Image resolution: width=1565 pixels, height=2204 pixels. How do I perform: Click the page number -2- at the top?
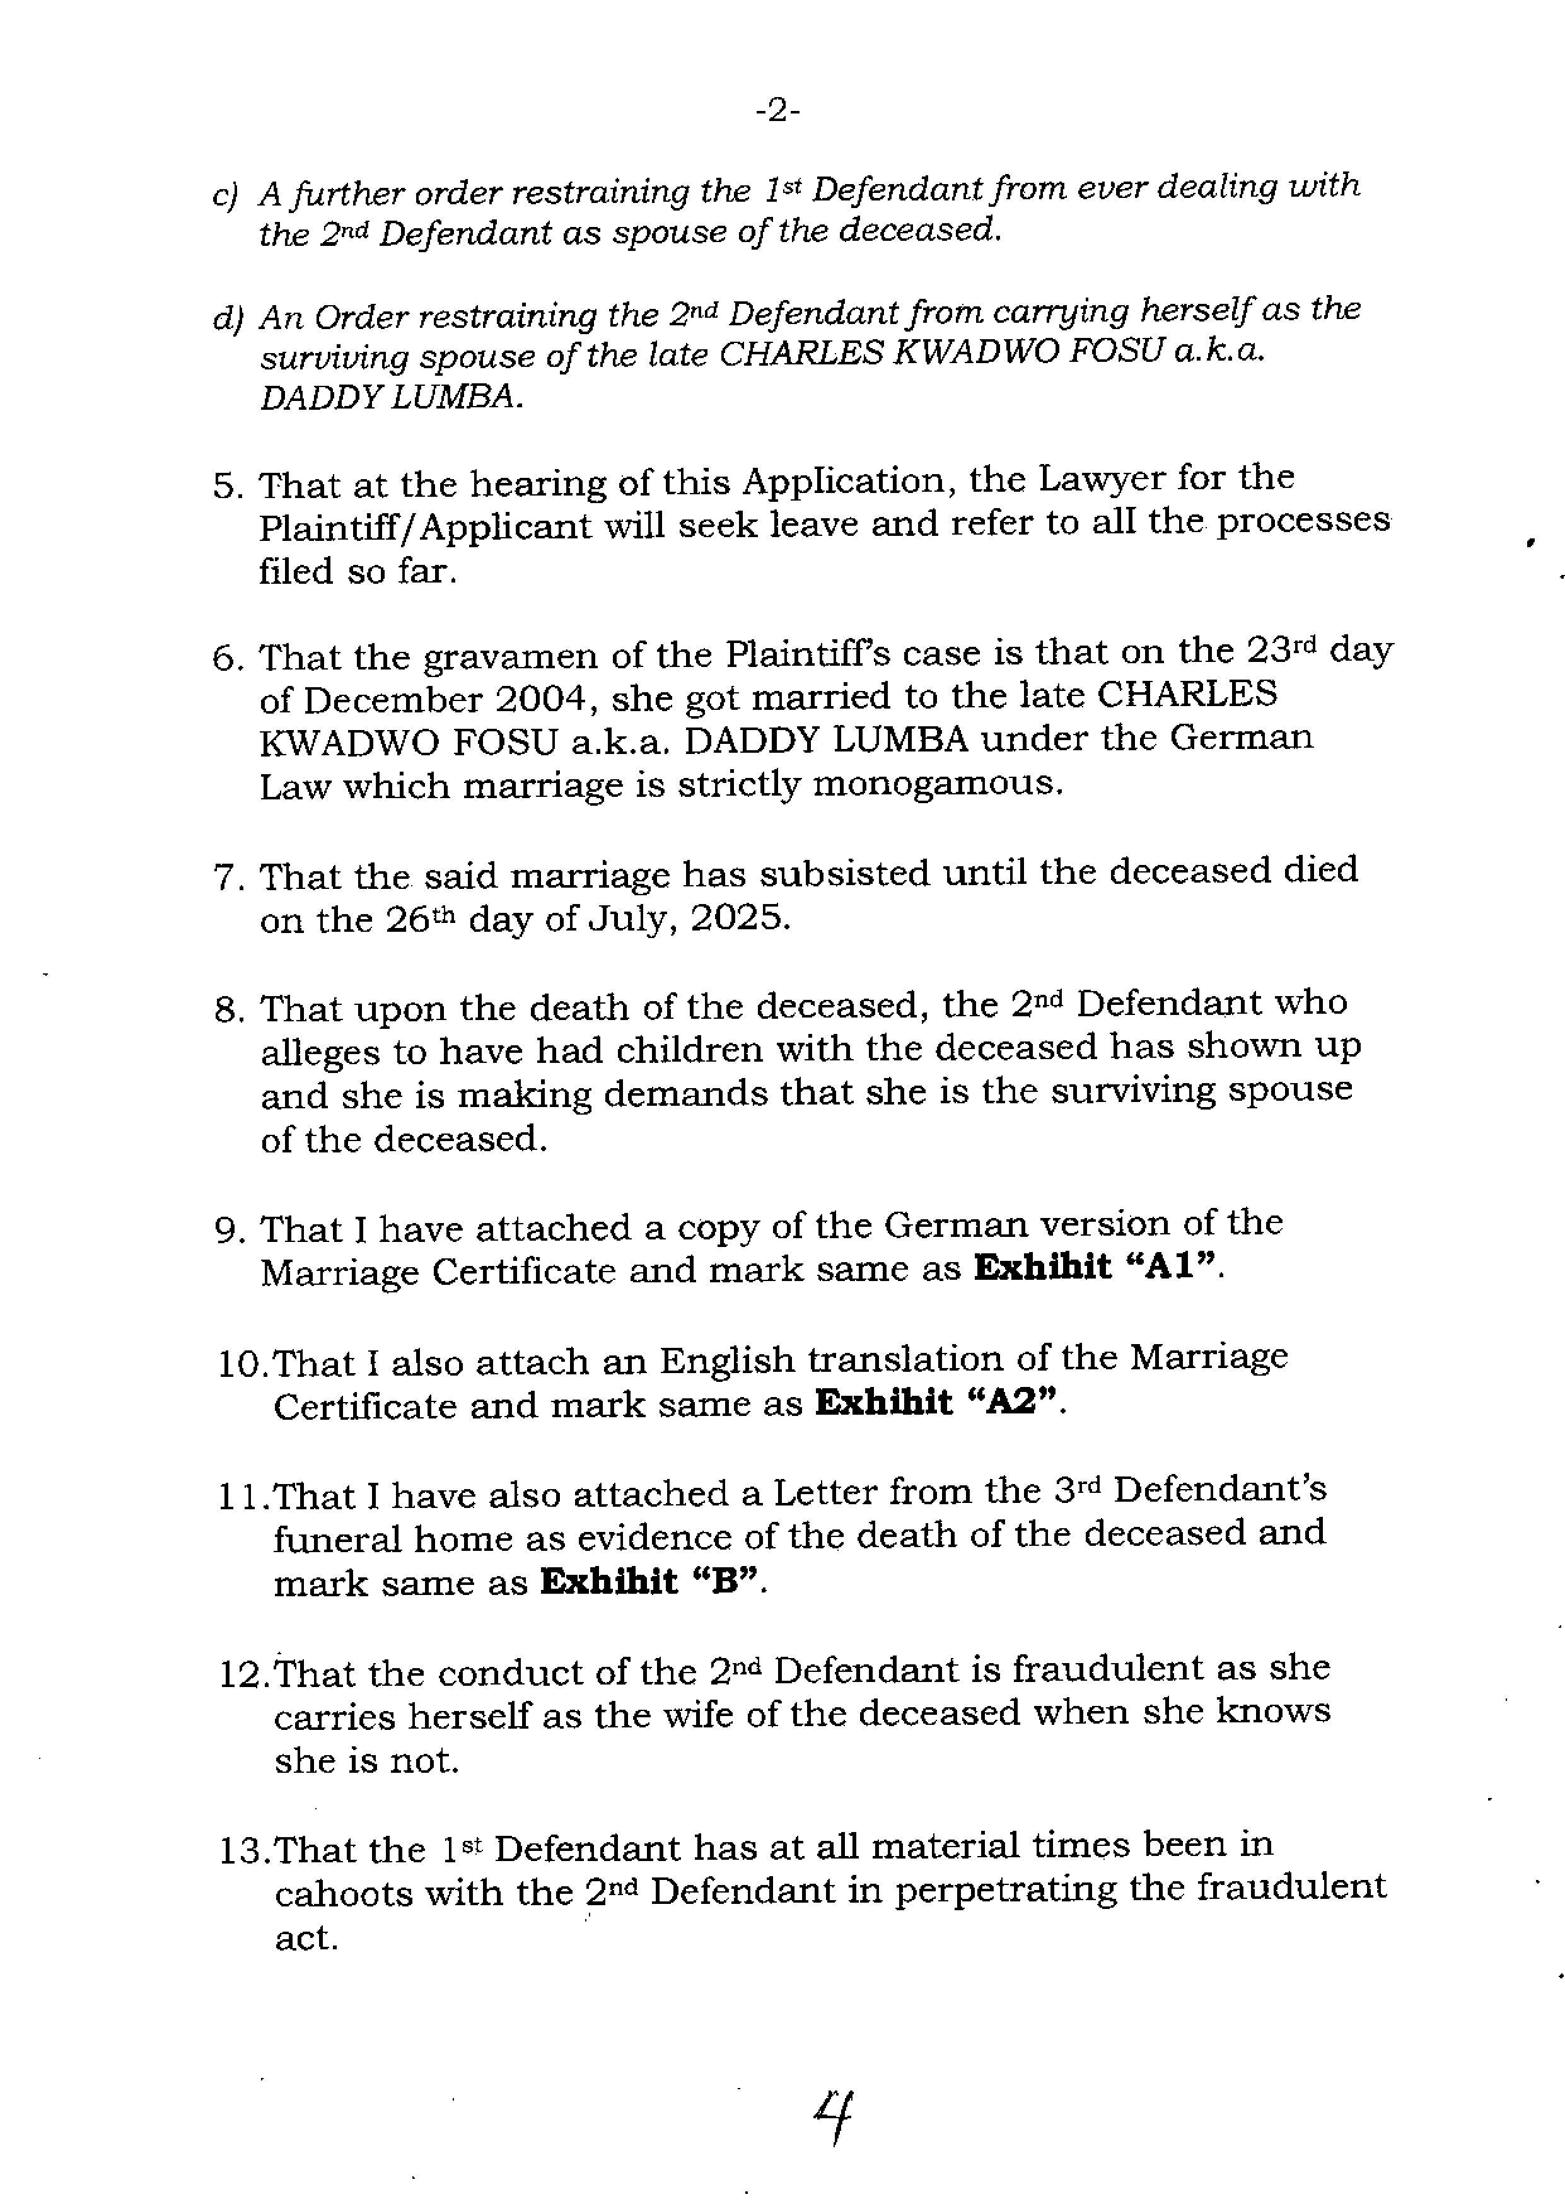tap(777, 112)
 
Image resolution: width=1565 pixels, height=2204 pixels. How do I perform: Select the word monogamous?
tap(937, 783)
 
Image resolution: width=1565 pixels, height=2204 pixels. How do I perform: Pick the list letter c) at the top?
tap(224, 195)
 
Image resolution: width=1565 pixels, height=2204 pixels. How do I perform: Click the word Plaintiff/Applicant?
tap(425, 527)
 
